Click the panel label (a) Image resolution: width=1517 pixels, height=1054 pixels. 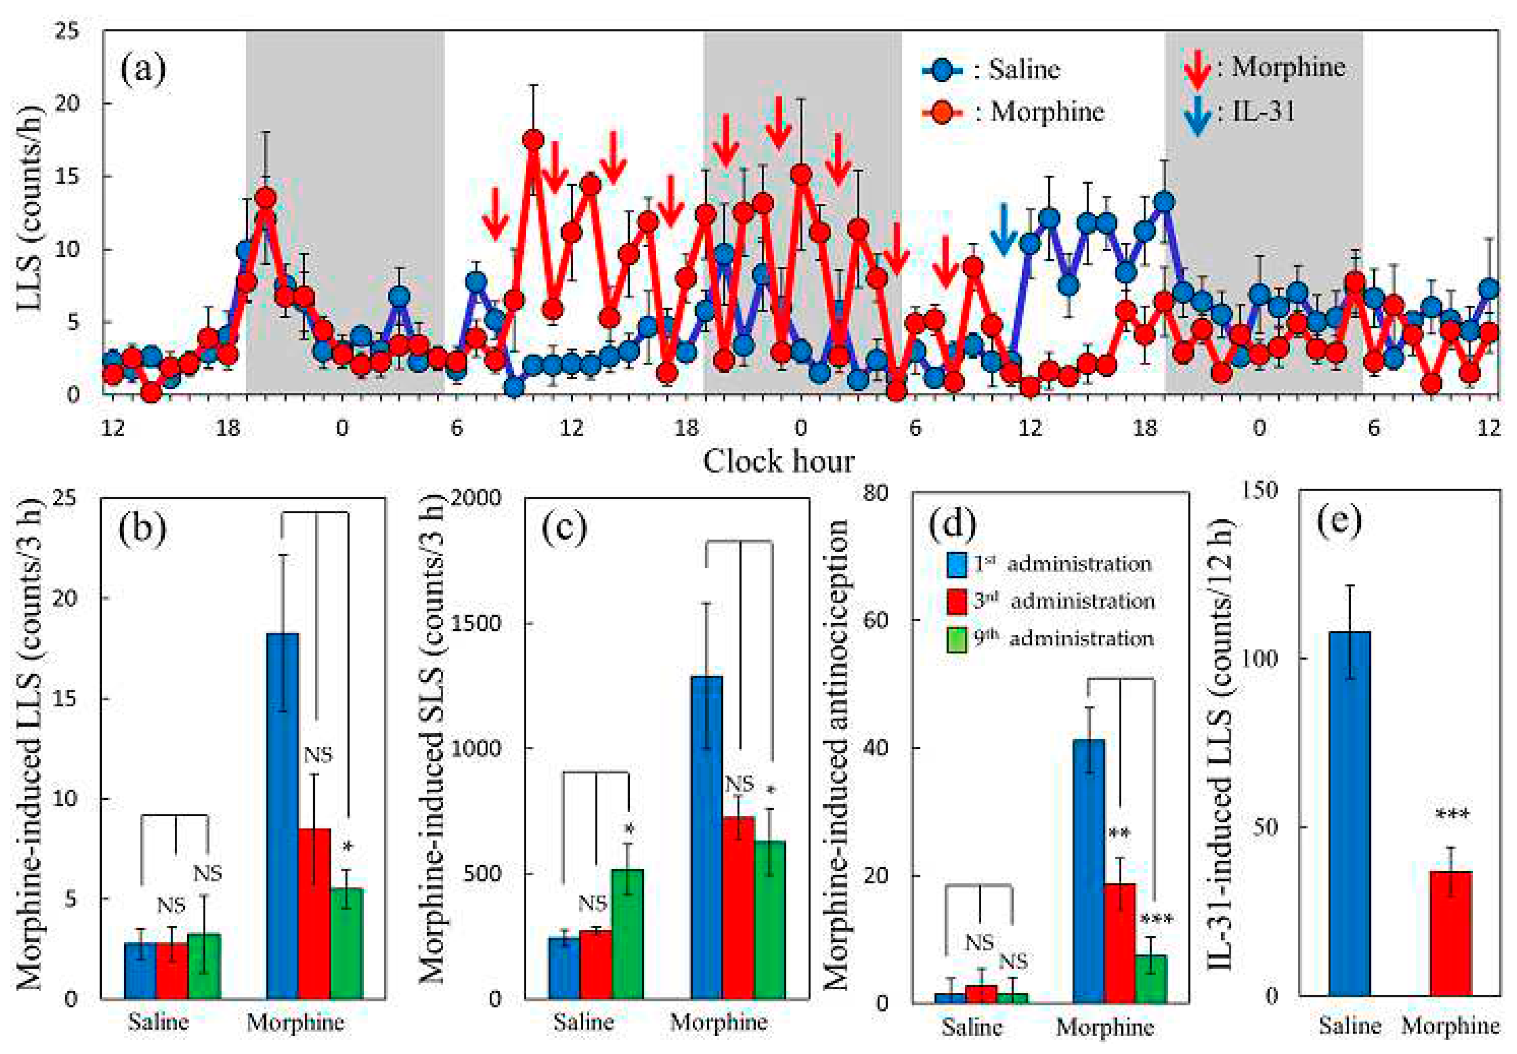pyautogui.click(x=143, y=69)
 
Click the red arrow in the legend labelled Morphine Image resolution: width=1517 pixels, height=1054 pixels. pyautogui.click(x=1196, y=69)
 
